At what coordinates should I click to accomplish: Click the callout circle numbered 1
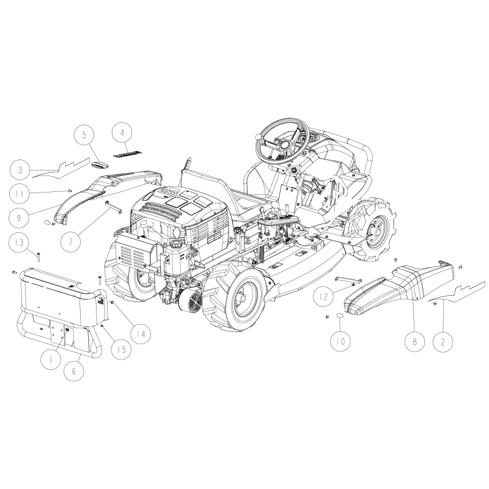click(51, 359)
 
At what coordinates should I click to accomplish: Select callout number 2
click(443, 342)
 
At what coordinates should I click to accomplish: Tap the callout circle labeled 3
click(20, 170)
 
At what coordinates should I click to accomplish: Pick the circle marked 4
click(122, 133)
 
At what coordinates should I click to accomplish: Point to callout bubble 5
click(84, 135)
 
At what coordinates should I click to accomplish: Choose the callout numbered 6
click(74, 371)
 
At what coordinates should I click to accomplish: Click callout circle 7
click(70, 241)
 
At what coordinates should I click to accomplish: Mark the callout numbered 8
click(415, 342)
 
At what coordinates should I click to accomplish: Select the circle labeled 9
click(19, 218)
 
